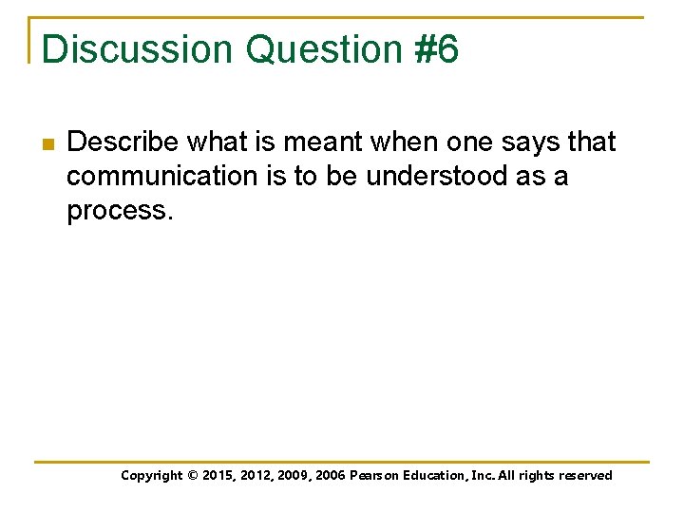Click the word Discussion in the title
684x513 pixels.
(x=137, y=49)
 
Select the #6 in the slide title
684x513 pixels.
(x=436, y=49)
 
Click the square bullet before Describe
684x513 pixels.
(x=47, y=144)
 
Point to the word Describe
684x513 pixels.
(x=123, y=142)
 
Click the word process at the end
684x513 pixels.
(x=117, y=211)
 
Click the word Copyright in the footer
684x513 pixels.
(x=152, y=476)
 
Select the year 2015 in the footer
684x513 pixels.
(x=220, y=476)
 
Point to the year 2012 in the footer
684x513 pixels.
(x=258, y=476)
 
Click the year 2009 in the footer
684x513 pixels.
(x=296, y=476)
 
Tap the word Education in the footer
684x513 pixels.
(x=435, y=476)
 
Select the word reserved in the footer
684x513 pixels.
(x=585, y=476)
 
